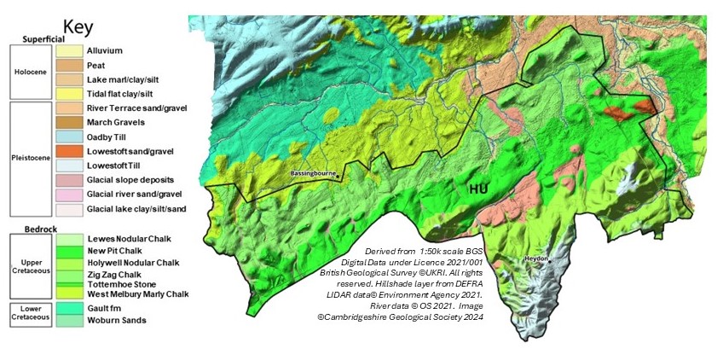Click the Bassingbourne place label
pyautogui.click(x=313, y=174)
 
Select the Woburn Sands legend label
pyautogui.click(x=116, y=320)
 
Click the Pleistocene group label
pyautogui.click(x=31, y=159)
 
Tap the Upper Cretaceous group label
pyautogui.click(x=31, y=266)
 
